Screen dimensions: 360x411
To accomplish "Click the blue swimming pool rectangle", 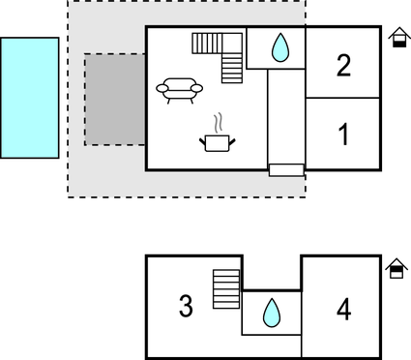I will [x=29, y=97].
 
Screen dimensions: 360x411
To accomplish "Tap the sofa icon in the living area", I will [x=180, y=89].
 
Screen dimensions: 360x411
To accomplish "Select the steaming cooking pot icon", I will [x=218, y=142].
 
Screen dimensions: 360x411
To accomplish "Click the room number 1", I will [x=343, y=135].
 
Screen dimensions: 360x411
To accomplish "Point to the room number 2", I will [x=343, y=66].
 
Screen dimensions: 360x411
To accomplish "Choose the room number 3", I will [x=186, y=307].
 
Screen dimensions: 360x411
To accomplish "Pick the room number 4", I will [x=343, y=310].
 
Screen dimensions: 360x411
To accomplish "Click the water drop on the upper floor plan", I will [x=280, y=47].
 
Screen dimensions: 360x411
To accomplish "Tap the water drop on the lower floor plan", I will [x=271, y=313].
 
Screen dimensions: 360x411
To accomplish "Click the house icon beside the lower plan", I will [x=396, y=268].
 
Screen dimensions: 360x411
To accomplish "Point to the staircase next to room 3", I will [x=225, y=288].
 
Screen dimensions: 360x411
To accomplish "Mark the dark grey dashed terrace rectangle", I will [x=115, y=99].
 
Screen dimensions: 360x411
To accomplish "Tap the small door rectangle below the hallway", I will [x=286, y=170].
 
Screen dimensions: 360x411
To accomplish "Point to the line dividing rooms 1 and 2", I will [x=343, y=98].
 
